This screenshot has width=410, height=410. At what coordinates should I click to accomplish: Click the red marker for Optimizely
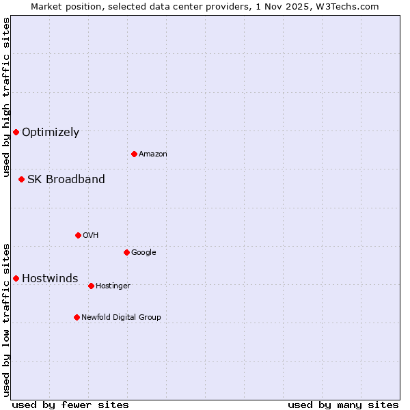[16, 132]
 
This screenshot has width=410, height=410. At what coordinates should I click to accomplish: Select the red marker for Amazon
[134, 154]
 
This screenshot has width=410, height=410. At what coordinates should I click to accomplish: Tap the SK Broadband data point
[21, 179]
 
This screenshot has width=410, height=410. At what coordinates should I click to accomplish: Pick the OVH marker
[78, 235]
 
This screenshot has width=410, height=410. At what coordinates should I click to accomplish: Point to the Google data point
[126, 252]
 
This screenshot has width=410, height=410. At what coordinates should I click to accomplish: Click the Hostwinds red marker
[16, 278]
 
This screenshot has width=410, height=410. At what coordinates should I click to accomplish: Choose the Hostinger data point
[91, 286]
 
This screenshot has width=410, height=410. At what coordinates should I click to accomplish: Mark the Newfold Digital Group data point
[77, 317]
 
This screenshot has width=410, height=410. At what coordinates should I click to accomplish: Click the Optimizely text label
[51, 133]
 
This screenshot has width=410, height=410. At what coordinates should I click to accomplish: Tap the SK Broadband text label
[66, 180]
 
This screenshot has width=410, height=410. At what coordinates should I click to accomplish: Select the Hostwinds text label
[50, 279]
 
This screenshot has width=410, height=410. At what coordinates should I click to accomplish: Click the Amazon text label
[153, 154]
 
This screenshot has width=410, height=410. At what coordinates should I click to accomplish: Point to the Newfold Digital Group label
[121, 317]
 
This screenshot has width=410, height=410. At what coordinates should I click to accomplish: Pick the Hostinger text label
[113, 286]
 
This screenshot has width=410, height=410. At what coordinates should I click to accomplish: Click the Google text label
[143, 253]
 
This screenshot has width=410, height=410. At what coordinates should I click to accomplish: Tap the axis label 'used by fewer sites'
[70, 405]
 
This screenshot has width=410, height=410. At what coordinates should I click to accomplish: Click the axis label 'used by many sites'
[343, 405]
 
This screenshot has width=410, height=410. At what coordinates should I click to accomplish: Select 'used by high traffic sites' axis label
[6, 97]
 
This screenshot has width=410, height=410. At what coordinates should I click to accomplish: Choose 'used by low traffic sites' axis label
[6, 319]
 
